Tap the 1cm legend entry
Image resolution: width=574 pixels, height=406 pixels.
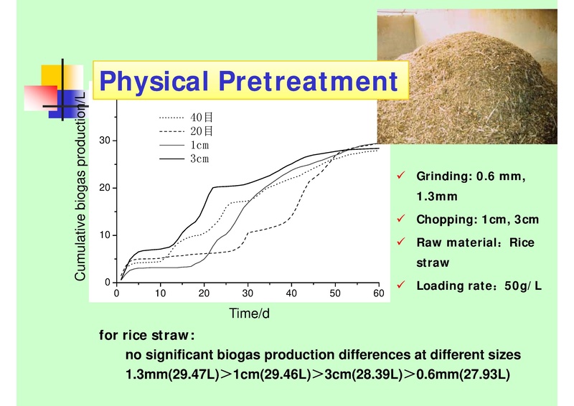point(199,145)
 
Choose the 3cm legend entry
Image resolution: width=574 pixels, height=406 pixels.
point(199,159)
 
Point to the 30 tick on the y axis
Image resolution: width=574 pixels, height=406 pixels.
point(104,141)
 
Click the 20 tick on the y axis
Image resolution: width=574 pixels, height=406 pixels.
point(104,188)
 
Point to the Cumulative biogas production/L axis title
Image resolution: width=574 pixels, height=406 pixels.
point(81,187)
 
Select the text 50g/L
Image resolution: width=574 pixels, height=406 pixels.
point(523,286)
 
